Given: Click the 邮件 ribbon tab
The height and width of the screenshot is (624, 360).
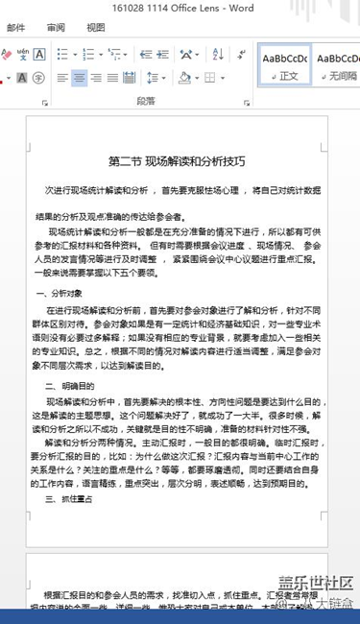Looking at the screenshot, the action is pos(15,28).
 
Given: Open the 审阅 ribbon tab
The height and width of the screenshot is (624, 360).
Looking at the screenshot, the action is pos(56,28).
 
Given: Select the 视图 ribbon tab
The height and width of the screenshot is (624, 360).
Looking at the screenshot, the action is pos(96,28).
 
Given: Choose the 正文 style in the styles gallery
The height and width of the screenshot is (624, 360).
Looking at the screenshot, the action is pos(286,64).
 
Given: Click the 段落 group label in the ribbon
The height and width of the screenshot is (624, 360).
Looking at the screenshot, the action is pos(146,100).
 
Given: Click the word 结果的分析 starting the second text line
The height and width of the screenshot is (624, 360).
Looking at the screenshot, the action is pos(60,217).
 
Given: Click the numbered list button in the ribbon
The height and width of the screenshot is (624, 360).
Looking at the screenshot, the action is pos(95,55).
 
